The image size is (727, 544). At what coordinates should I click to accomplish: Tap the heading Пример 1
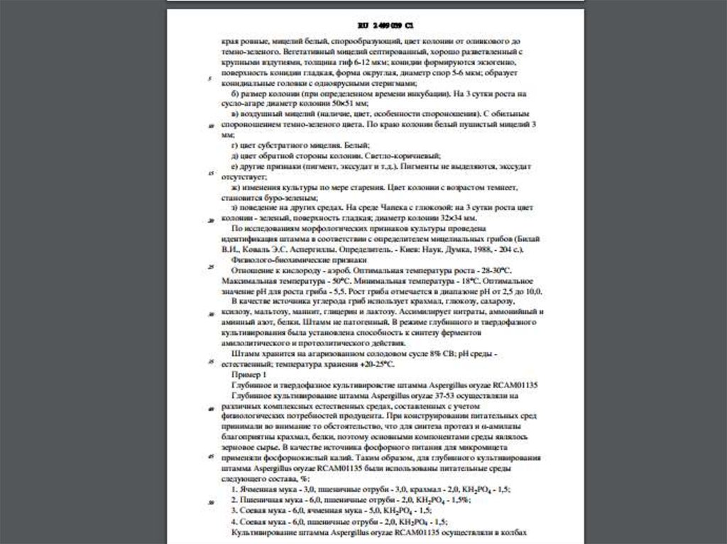click(x=248, y=374)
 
